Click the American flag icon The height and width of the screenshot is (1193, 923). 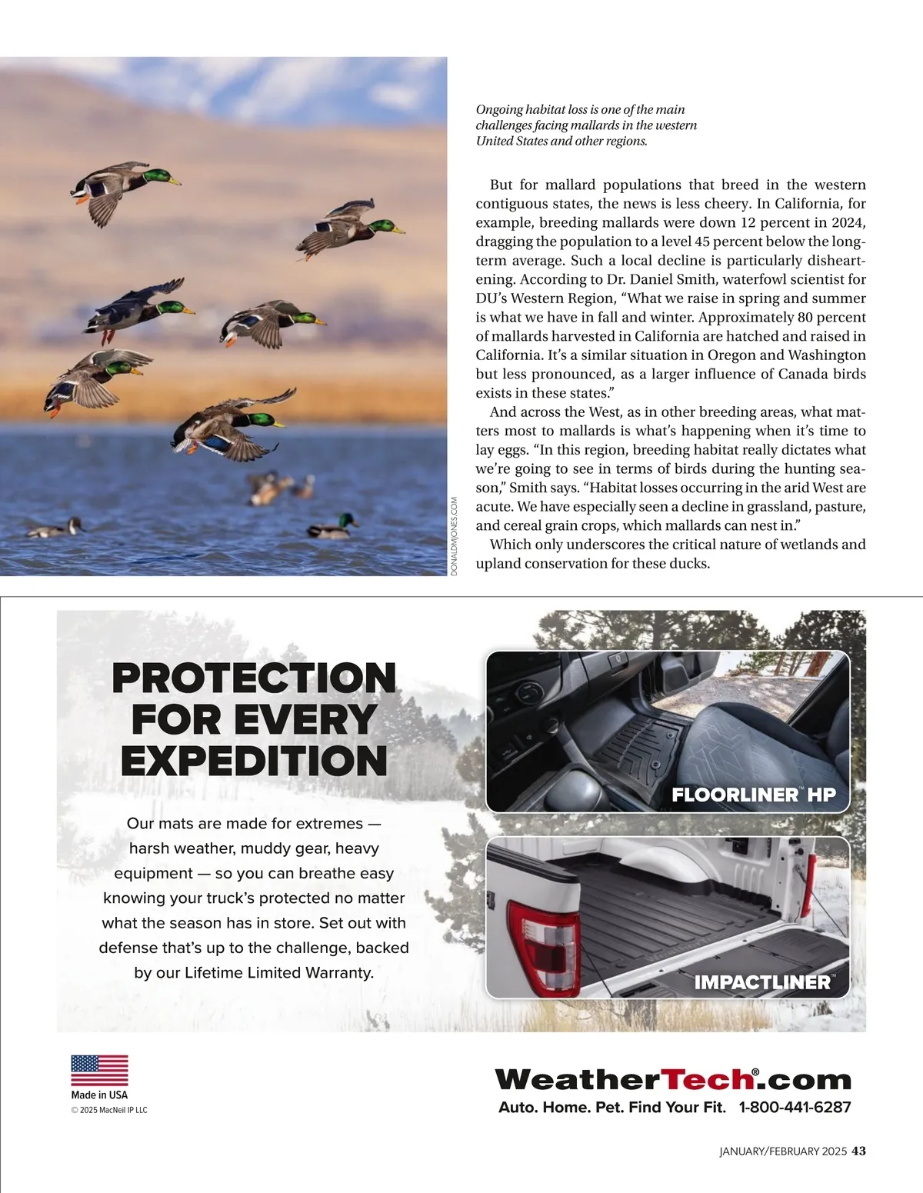tap(99, 1070)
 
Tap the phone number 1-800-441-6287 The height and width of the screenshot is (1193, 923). tap(795, 1108)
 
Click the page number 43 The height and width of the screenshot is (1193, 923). tap(859, 1151)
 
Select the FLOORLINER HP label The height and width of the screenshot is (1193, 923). tap(753, 795)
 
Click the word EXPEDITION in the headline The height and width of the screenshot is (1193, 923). tap(254, 761)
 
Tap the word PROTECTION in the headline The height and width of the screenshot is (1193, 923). tap(254, 678)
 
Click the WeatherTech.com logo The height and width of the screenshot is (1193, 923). tap(673, 1079)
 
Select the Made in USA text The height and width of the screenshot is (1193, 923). tap(99, 1095)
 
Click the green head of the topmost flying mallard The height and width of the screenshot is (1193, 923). tap(160, 178)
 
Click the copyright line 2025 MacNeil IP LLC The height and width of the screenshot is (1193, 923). tap(109, 1110)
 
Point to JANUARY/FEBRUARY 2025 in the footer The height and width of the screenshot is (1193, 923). tap(782, 1151)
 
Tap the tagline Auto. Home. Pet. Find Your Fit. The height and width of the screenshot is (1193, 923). tap(612, 1108)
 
